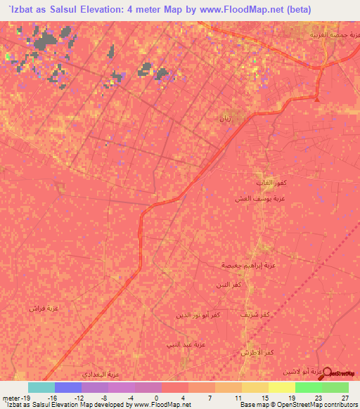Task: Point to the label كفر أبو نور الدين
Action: (x=201, y=316)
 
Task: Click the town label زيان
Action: (x=226, y=117)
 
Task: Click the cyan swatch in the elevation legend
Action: (x=41, y=387)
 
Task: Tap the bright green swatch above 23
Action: (x=309, y=387)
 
